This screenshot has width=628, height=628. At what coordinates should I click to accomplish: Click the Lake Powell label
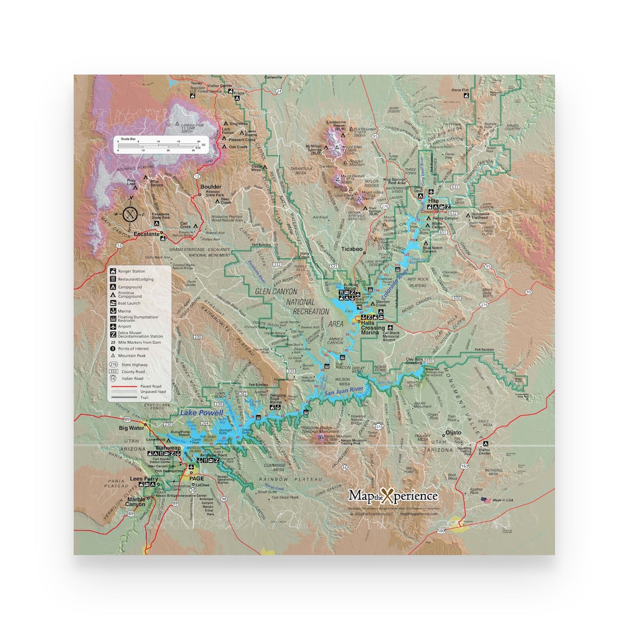(201, 412)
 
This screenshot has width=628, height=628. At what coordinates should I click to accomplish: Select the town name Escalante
(147, 234)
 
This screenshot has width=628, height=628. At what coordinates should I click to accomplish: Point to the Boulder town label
(210, 187)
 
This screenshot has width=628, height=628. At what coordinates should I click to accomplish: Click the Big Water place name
(131, 428)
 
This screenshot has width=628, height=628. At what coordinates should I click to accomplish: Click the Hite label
(433, 200)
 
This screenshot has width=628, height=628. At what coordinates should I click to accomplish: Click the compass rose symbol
(131, 215)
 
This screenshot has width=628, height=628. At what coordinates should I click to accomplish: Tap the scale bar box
(158, 144)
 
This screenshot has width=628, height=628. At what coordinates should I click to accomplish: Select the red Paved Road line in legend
(123, 386)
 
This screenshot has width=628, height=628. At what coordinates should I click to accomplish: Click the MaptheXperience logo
(393, 495)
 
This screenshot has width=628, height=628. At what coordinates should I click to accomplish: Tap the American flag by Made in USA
(485, 499)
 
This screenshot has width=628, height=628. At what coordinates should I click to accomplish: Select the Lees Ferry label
(144, 479)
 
